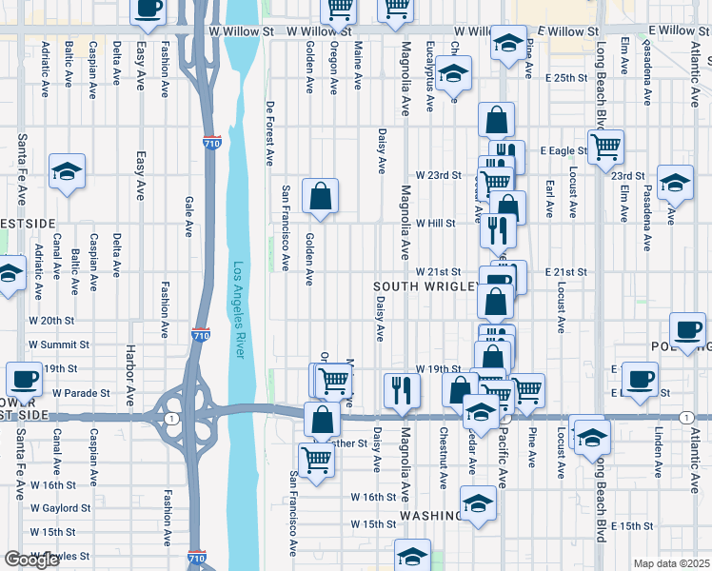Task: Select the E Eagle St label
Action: [563, 150]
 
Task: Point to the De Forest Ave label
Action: [270, 133]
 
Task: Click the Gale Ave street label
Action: [188, 216]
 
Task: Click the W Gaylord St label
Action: [61, 508]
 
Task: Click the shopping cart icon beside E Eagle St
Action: [605, 148]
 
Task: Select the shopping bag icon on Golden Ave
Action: [321, 197]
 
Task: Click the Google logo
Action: [31, 560]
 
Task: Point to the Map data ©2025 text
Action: [672, 563]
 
